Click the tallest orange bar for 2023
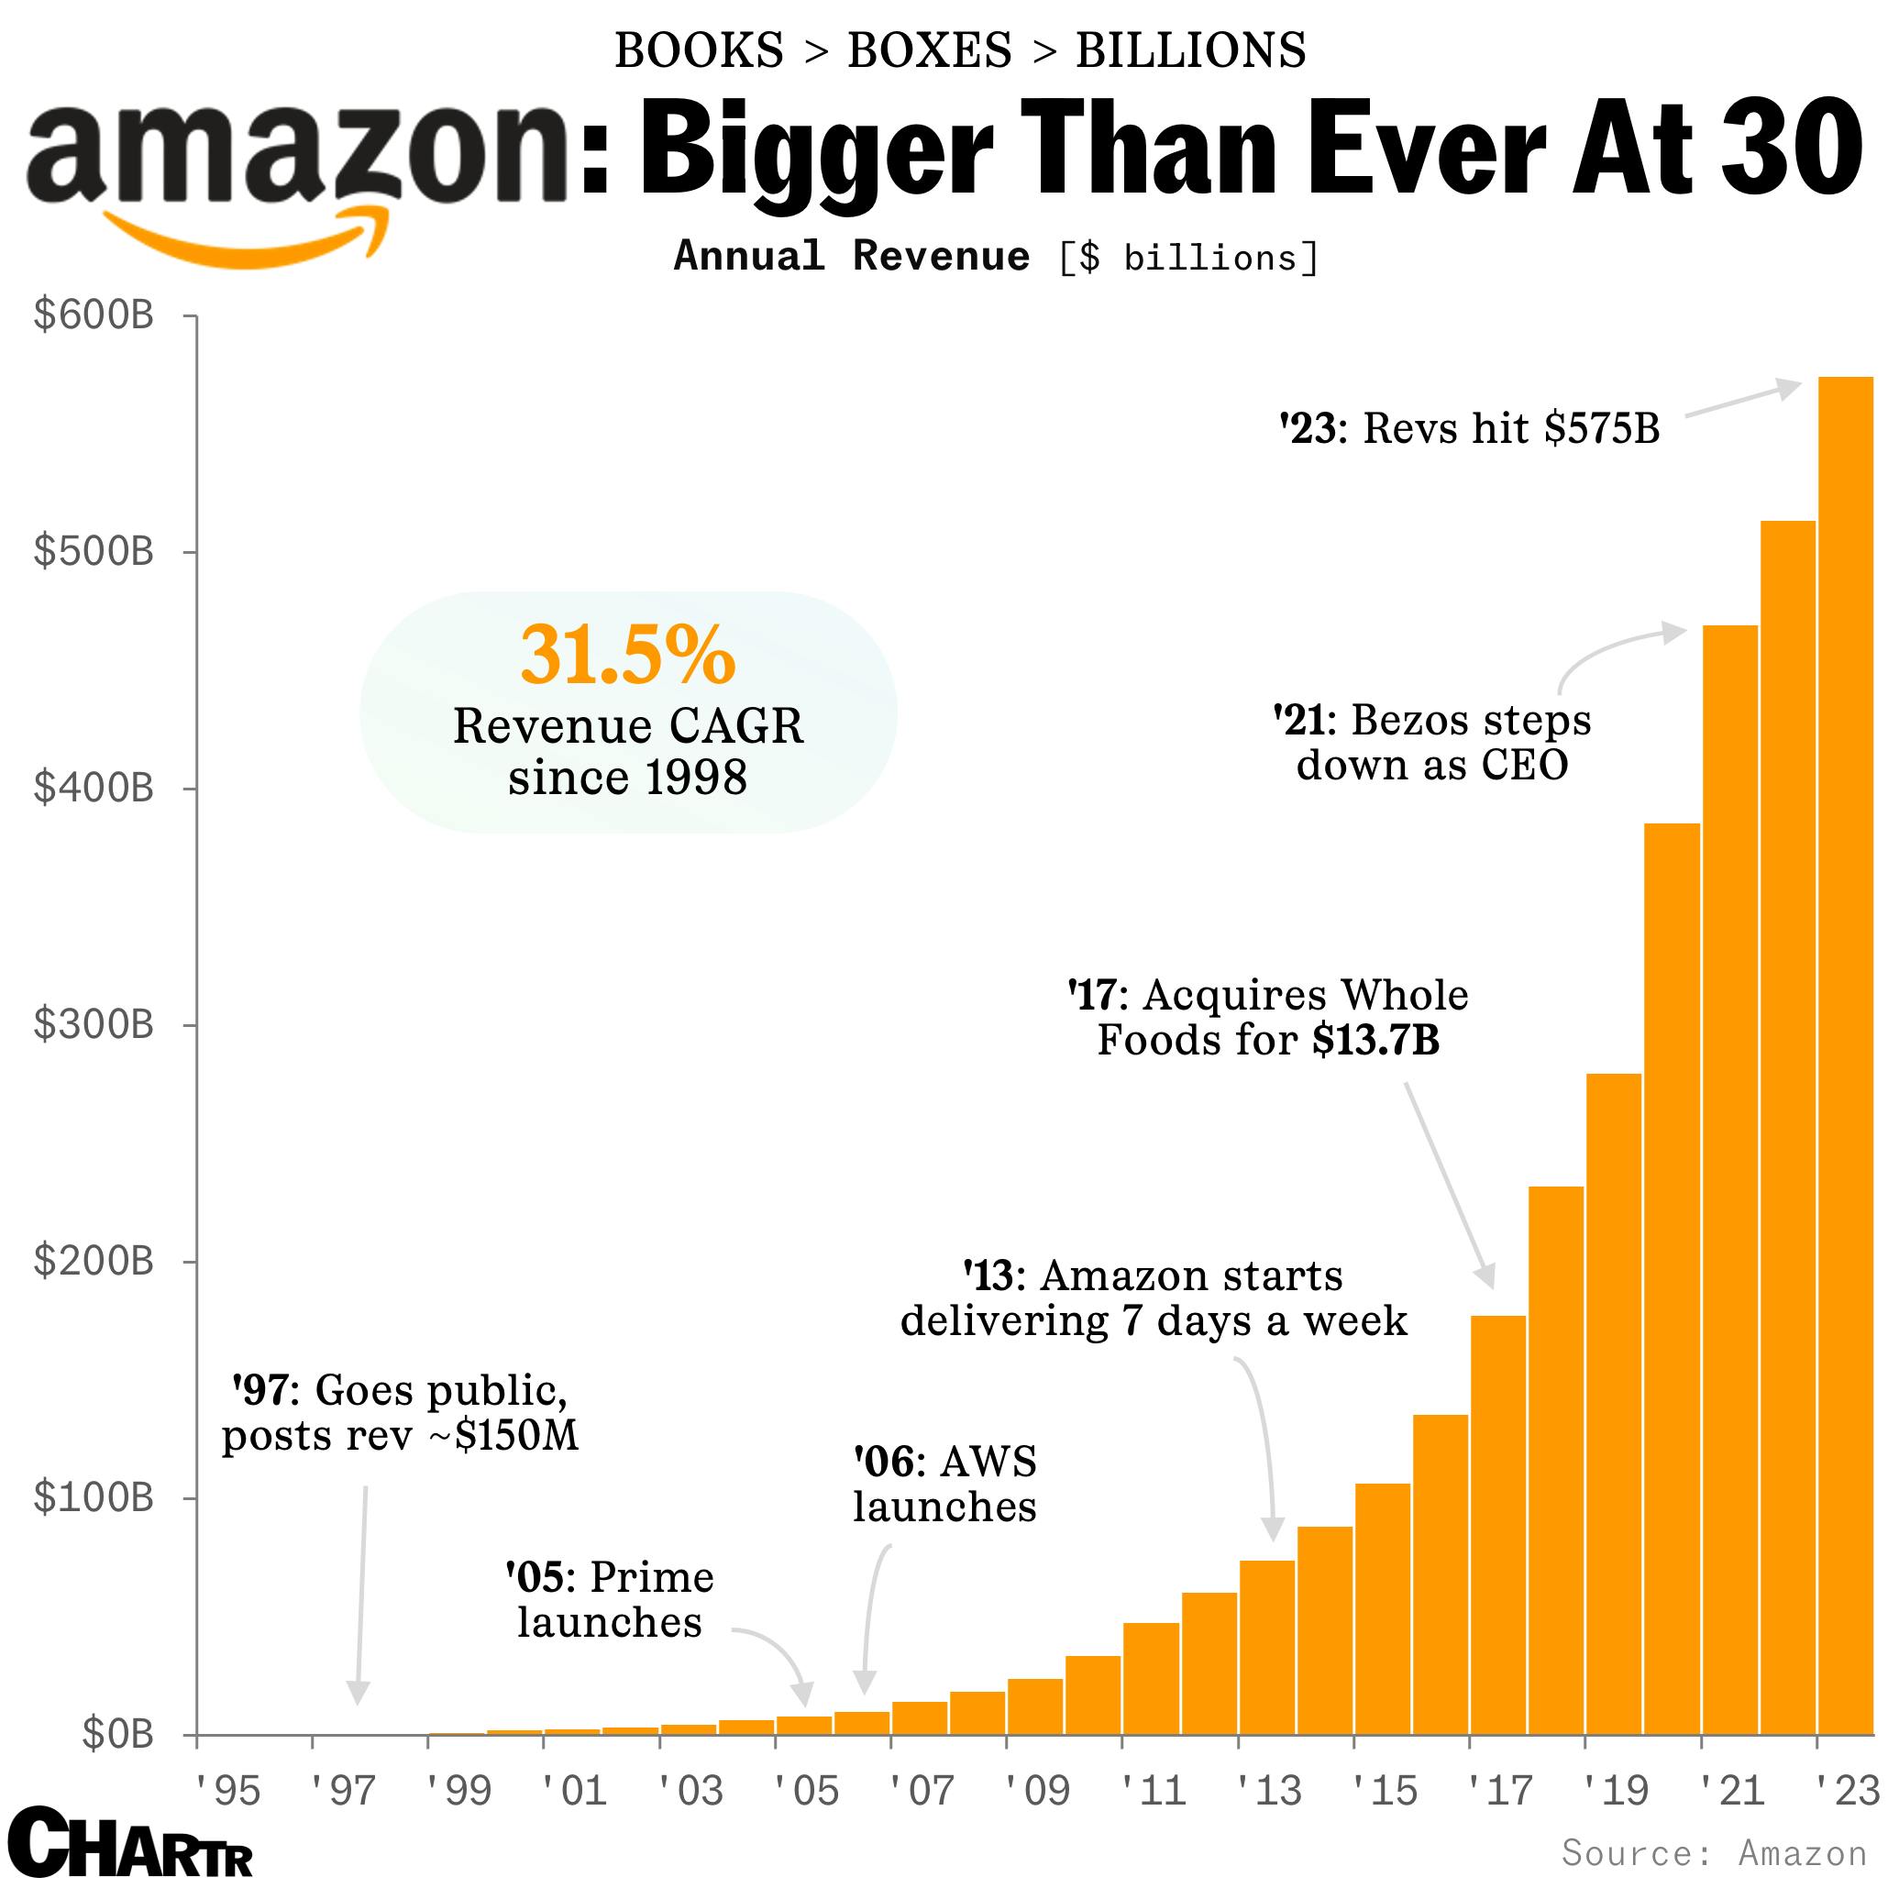1845,1055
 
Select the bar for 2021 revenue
1729,1183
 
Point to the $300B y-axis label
94,1024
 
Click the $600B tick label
94,315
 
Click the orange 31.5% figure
627,656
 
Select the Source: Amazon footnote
1713,1853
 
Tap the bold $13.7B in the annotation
1375,1040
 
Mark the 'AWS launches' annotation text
944,1485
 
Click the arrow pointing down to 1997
360,1593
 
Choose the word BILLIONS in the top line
1190,50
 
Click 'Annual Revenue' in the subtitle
851,256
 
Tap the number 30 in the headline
1790,151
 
